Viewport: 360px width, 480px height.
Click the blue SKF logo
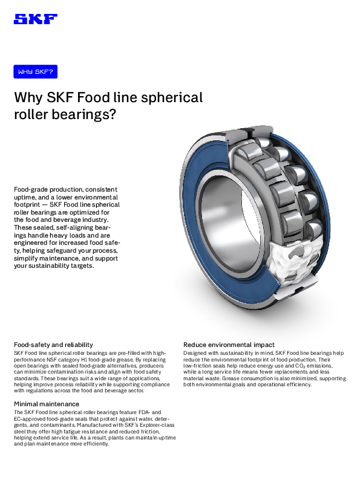[35, 19]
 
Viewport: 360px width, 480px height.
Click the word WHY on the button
[25, 72]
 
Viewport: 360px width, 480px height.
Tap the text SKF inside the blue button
[44, 72]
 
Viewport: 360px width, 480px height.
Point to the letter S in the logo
[21, 19]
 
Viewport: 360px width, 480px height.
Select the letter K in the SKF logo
[35, 19]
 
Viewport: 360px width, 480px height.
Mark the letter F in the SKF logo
[50, 19]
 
